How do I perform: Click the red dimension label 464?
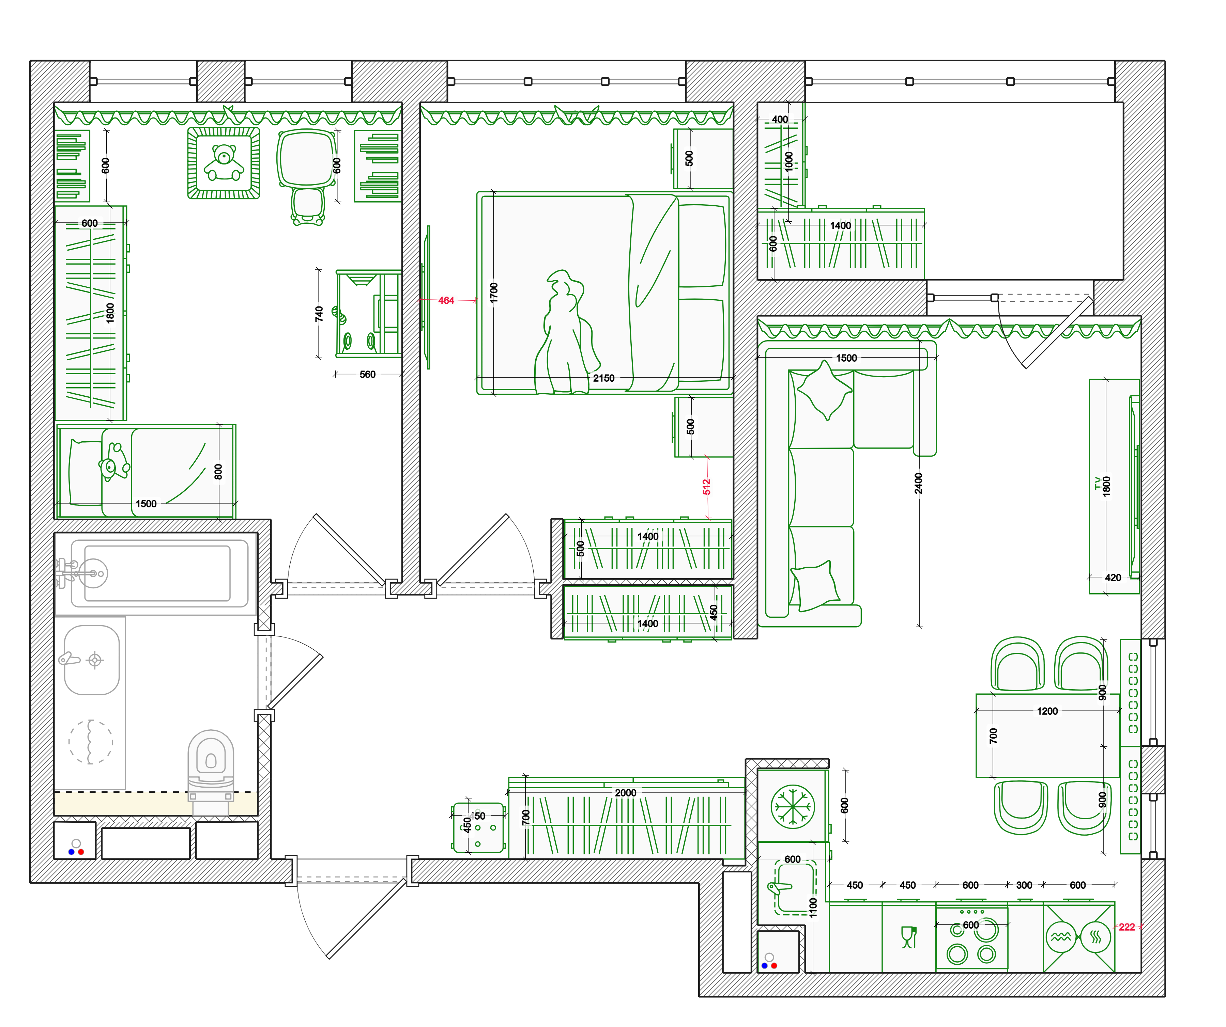(446, 301)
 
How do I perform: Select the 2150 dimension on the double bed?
(604, 378)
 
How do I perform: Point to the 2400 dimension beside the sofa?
(918, 483)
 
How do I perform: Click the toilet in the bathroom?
(211, 764)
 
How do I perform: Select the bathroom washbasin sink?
(92, 660)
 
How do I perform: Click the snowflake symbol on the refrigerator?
(792, 806)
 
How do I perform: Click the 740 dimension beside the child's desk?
(319, 314)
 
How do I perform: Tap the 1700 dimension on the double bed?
(494, 293)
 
